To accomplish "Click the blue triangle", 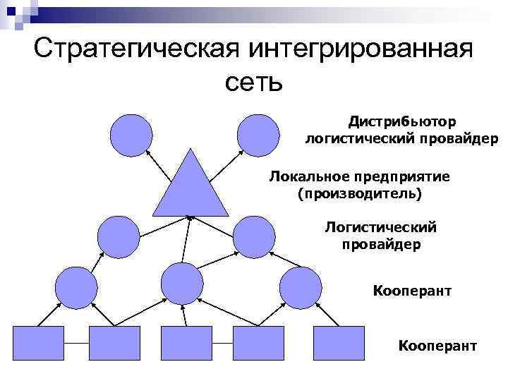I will coord(190,187).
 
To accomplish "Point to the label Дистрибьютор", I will coord(401,122).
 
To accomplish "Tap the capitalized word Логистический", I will coord(381,227).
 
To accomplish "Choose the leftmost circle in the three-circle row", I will coord(75,285).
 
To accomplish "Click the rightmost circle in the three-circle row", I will coord(301,285).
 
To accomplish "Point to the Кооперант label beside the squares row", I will coord(437,346).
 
